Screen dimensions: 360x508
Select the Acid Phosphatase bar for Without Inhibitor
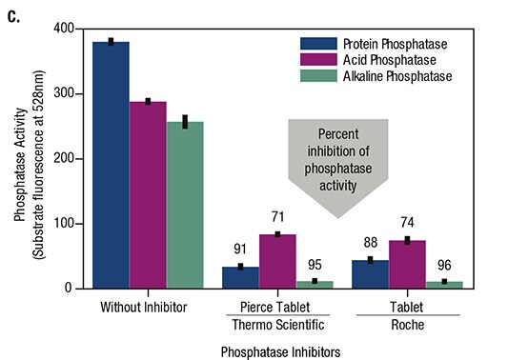click(x=148, y=194)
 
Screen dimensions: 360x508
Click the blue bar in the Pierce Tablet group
click(x=240, y=276)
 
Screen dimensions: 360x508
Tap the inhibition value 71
click(x=276, y=219)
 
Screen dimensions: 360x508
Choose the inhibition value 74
click(x=407, y=225)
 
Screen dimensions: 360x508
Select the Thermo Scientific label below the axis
click(x=276, y=325)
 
